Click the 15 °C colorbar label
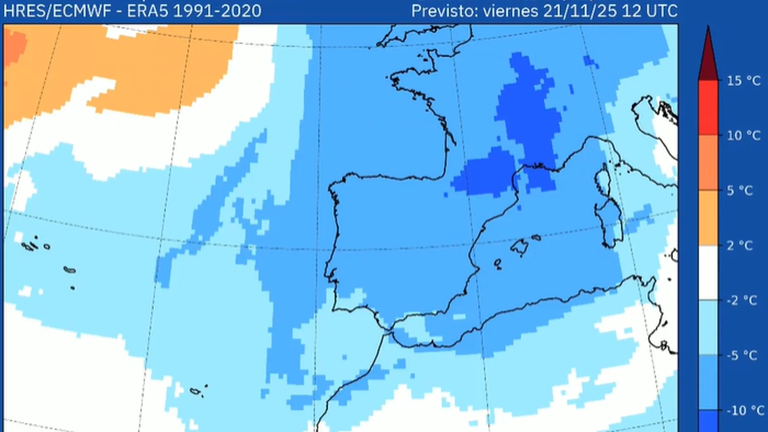click(x=743, y=81)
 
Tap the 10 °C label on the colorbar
click(x=743, y=135)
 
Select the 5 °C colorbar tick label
click(x=740, y=190)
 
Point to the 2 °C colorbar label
click(x=740, y=245)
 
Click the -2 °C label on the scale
click(x=742, y=300)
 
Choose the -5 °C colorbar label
click(x=742, y=355)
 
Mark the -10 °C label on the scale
click(x=744, y=410)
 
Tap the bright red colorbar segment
click(x=708, y=107)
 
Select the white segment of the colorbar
click(x=708, y=273)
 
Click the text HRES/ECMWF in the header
click(x=57, y=11)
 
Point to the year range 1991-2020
click(x=217, y=11)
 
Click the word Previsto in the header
click(x=444, y=11)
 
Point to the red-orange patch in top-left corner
click(x=14, y=46)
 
